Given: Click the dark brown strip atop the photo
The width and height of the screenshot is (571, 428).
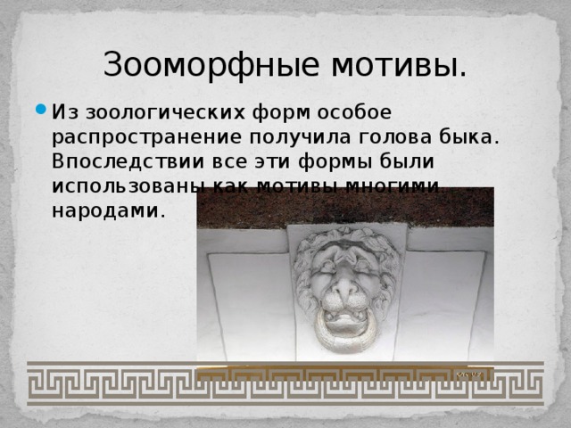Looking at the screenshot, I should point(344,206).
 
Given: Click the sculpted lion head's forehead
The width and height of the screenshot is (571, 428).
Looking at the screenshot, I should point(346,248).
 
